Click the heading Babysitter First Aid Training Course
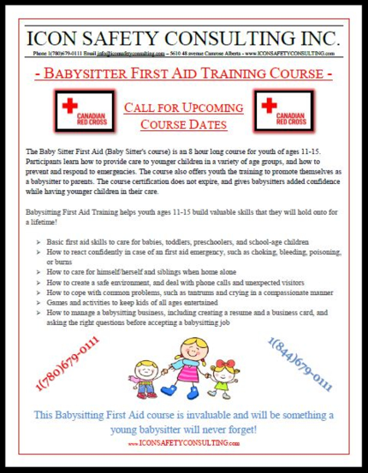click(x=184, y=74)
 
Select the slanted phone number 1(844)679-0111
click(x=300, y=365)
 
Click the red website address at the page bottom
click(x=184, y=444)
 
